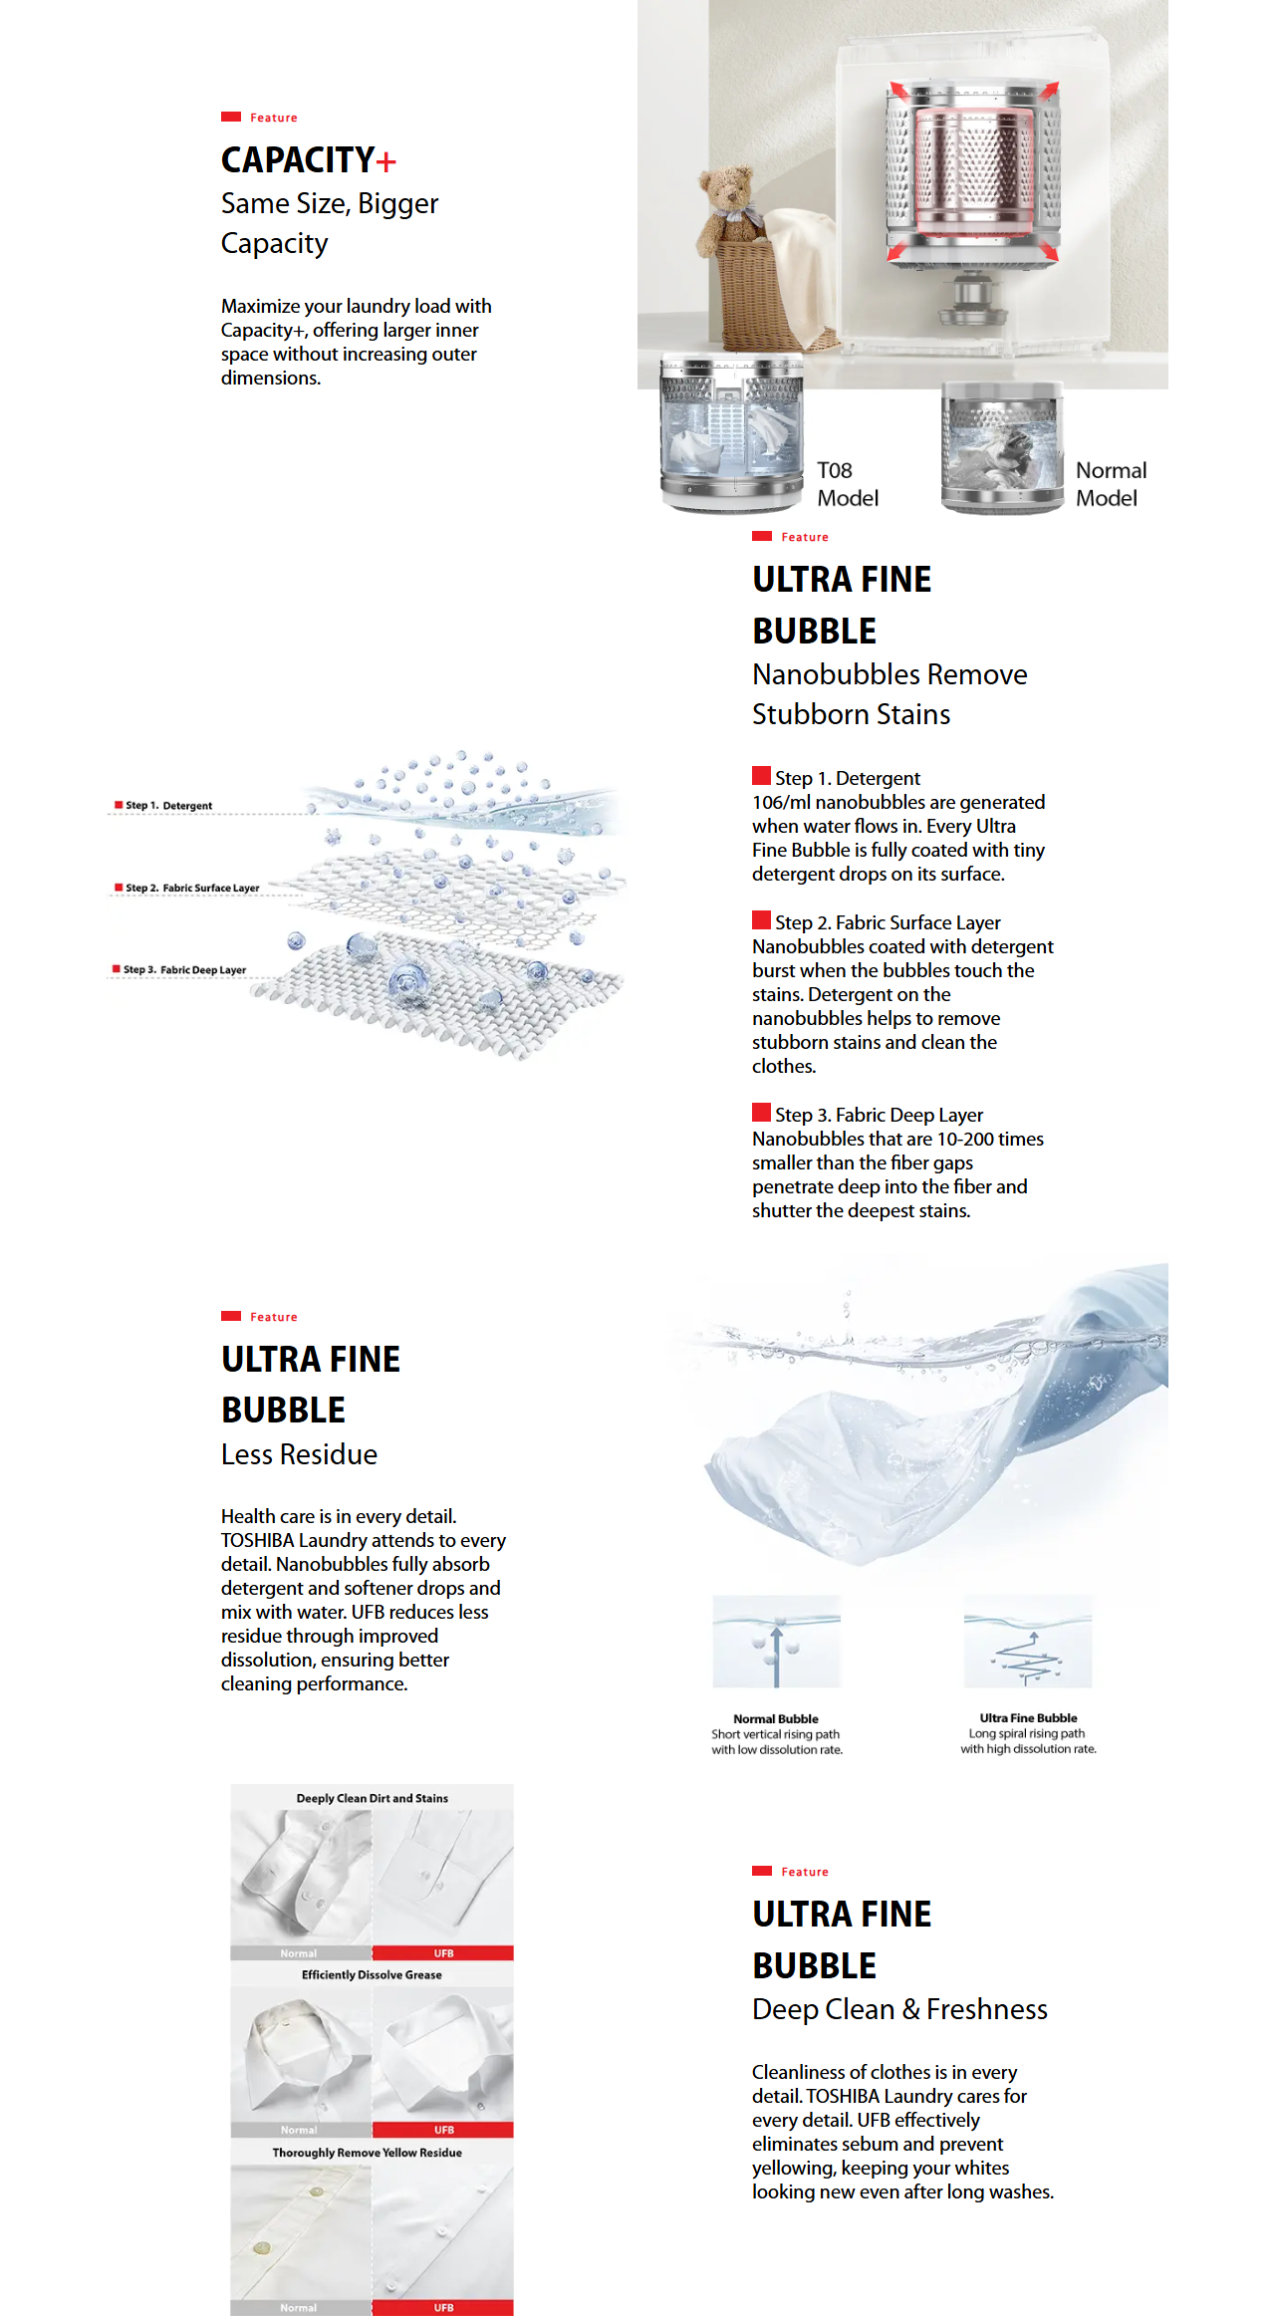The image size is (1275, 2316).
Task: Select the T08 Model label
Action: tap(847, 484)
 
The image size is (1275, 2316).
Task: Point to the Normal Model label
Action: tap(1111, 484)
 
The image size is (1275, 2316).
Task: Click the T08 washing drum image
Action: tap(732, 434)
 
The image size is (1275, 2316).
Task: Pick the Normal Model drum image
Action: tap(1002, 447)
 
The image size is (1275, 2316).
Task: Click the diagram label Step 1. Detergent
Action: tap(167, 805)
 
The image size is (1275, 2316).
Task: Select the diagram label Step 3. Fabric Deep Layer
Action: tap(184, 969)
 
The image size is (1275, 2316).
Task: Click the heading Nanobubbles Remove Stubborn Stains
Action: tap(889, 694)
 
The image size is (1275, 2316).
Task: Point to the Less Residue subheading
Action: tap(299, 1454)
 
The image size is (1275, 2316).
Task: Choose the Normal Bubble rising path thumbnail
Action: tap(776, 1641)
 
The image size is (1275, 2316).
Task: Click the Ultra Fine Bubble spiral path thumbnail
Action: tap(1027, 1641)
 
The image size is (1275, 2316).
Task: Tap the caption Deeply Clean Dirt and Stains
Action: tap(372, 1798)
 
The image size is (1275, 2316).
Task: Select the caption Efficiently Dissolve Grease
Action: tap(372, 1974)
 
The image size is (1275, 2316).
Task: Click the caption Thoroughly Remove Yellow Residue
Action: tap(367, 2152)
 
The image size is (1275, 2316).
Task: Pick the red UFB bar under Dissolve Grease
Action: tap(443, 2130)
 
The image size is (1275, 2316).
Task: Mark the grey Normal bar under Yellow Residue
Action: tap(299, 2307)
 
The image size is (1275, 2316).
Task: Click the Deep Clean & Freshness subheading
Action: tap(899, 2009)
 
